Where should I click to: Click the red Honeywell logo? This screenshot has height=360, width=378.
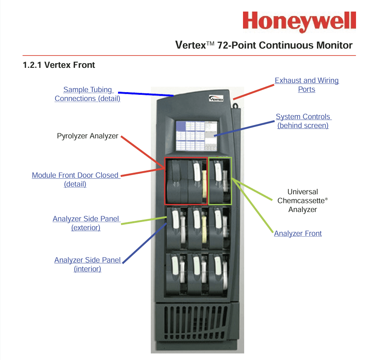(299, 21)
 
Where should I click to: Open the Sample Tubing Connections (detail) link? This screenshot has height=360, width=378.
(88, 94)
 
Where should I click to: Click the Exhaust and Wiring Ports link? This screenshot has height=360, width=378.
(307, 85)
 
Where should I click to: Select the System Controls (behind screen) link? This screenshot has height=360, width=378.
(303, 121)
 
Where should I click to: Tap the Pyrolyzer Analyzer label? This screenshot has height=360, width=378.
(88, 136)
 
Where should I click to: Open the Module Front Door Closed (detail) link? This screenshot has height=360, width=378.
(76, 180)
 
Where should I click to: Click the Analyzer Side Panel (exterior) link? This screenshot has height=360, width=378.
(86, 223)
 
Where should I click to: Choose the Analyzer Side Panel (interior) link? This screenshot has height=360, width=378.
(88, 264)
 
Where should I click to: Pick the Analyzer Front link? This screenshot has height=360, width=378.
(298, 233)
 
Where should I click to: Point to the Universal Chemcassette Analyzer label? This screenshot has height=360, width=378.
(302, 200)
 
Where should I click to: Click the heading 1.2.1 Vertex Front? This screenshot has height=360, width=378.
(59, 65)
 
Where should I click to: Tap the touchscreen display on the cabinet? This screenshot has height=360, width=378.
(196, 136)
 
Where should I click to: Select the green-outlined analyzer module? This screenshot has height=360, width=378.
(220, 180)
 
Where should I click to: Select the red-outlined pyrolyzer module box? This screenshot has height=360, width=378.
(186, 180)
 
